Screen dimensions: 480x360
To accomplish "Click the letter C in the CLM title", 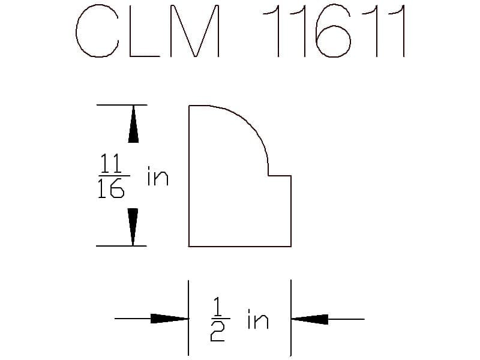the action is (77, 31).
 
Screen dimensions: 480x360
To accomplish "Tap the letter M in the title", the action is (195, 31).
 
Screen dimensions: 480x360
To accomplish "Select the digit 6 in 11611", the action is (333, 31).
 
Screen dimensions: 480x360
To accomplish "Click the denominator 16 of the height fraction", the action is (111, 188).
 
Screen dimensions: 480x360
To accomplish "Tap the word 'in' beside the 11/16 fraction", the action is (158, 176).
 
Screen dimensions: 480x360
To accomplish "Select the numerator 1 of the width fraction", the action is (217, 307).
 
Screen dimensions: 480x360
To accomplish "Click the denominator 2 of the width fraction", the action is (218, 332).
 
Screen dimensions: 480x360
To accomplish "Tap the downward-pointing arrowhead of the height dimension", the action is (133, 227).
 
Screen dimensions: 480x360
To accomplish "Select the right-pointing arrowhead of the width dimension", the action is (169, 319).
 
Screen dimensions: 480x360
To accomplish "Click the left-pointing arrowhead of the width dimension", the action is (310, 319).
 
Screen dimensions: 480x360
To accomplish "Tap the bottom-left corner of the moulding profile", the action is (189, 246).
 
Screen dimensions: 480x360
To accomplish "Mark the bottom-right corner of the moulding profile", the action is (291, 246).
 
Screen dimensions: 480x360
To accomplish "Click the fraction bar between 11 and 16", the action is (114, 176).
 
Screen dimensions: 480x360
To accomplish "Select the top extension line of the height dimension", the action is (122, 105).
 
